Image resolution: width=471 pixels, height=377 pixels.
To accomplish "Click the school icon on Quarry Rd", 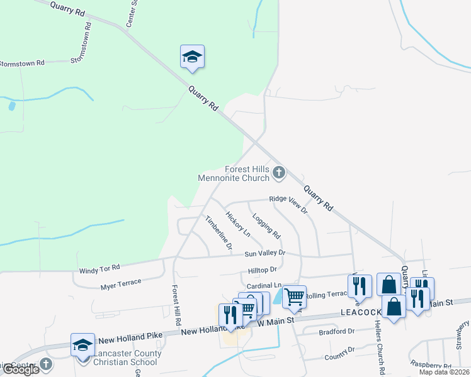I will tap(192, 57).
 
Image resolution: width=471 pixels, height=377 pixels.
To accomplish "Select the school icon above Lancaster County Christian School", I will tap(82, 345).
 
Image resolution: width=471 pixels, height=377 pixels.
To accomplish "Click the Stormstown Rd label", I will tap(22, 63).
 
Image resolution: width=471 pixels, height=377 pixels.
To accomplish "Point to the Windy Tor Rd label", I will tap(99, 269).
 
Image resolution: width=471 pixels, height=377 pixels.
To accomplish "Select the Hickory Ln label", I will tap(238, 224).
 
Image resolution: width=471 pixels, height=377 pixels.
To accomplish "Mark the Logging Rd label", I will tap(266, 226).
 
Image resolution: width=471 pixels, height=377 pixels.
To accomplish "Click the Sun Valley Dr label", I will tap(265, 253).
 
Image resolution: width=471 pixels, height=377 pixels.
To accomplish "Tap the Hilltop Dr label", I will tap(263, 270).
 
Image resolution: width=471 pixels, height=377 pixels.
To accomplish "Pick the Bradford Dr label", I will tap(337, 331).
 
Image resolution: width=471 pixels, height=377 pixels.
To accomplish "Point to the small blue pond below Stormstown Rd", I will tap(11, 106).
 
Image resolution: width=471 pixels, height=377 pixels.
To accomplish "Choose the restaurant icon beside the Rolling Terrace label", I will tap(360, 286).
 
